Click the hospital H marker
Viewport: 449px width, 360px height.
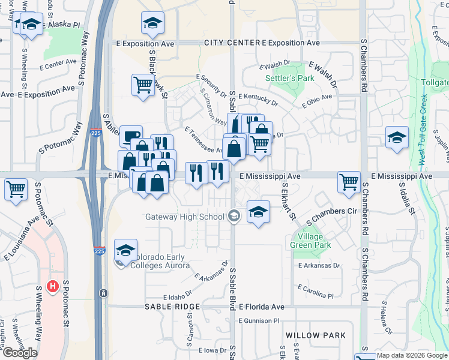pyautogui.click(x=52, y=287)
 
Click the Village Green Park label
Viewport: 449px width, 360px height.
pyautogui.click(x=310, y=241)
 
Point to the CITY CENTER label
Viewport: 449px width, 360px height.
pyautogui.click(x=231, y=43)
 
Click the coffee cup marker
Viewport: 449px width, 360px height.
pyautogui.click(x=130, y=136)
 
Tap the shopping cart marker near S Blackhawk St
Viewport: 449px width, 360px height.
pyautogui.click(x=143, y=85)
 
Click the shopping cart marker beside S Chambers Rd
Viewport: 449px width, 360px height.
pyautogui.click(x=349, y=181)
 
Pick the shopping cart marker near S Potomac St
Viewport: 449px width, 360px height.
pyautogui.click(x=16, y=188)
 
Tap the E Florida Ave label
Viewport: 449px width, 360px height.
pyautogui.click(x=262, y=307)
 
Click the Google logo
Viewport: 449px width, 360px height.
pyautogui.click(x=20, y=353)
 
